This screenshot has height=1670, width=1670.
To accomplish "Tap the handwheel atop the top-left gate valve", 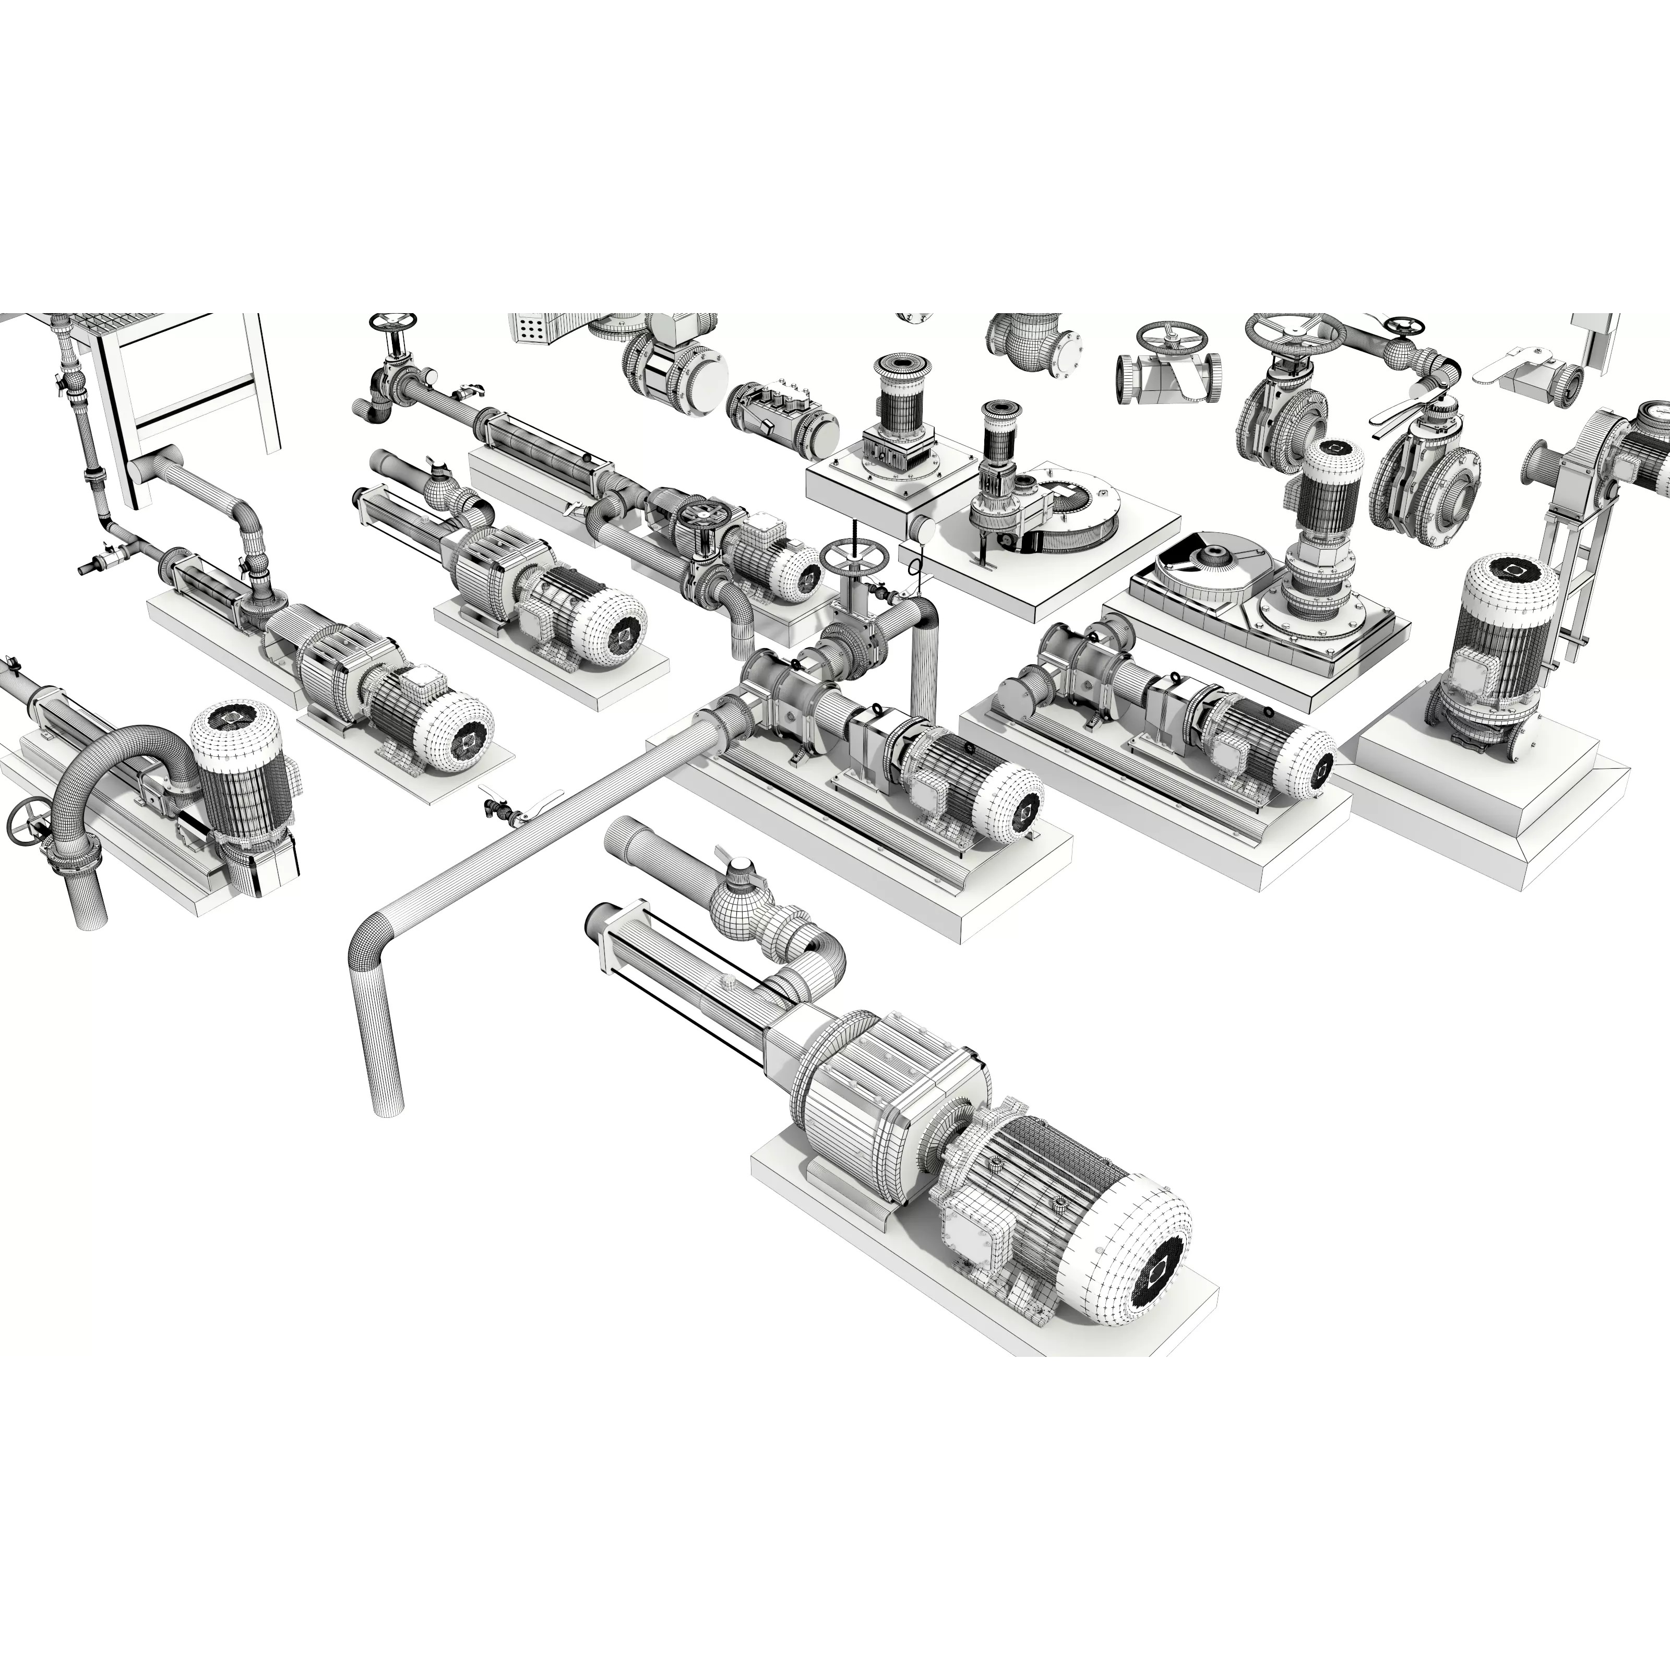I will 391,324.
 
